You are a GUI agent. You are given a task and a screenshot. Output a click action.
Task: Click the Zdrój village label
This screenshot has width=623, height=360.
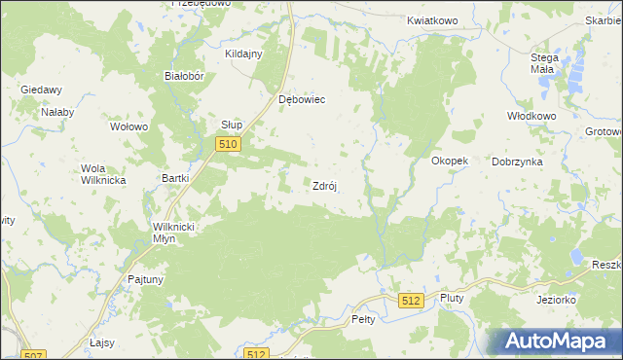pos(324,187)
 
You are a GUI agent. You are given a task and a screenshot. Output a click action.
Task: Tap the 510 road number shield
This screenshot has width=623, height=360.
pos(227,144)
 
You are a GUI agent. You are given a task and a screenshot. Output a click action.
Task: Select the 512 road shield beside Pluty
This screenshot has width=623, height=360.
pos(410,302)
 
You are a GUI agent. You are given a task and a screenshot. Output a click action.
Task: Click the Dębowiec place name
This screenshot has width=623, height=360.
pos(301,99)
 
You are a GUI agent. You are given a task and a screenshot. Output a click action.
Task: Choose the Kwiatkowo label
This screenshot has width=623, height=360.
pos(431,19)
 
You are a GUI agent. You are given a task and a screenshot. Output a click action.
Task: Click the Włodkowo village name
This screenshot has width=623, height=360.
pos(531,115)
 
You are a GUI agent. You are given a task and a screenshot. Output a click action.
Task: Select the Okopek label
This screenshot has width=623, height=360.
pos(450,161)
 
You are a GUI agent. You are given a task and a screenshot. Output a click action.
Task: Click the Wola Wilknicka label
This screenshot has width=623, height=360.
pos(98,173)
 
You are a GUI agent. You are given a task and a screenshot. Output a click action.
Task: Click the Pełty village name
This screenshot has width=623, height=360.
pos(362,319)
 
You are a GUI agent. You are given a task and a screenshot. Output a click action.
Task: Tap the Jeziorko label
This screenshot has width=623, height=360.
pos(556,300)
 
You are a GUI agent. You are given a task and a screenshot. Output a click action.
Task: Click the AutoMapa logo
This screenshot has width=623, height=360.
pos(555,342)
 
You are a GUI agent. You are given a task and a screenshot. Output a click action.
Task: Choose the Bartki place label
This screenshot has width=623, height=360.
pos(174,179)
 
